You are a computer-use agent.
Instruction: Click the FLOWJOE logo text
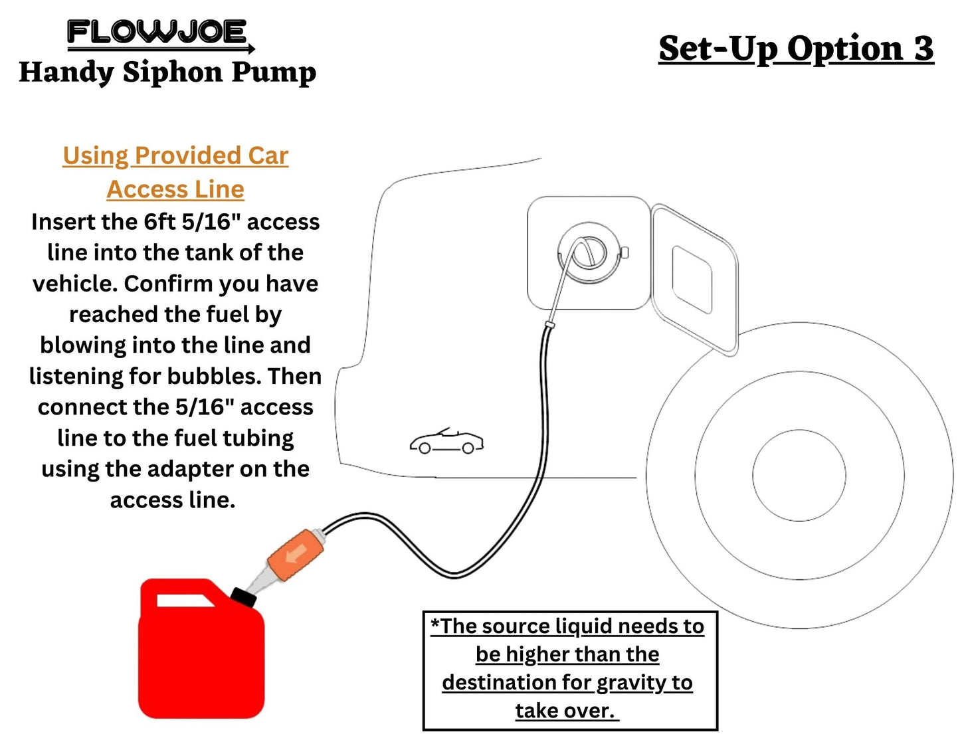coord(157,32)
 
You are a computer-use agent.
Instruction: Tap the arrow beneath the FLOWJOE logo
coord(161,49)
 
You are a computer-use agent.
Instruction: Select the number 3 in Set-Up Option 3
coord(923,48)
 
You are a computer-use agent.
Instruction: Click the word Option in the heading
coord(845,48)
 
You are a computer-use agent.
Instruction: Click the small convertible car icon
coord(446,441)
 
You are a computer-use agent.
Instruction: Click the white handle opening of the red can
coord(185,601)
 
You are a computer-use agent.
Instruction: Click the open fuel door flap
coord(694,279)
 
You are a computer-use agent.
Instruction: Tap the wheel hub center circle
coord(799,476)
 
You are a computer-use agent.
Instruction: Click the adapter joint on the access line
coord(549,325)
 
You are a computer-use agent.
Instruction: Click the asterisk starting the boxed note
coord(435,624)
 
